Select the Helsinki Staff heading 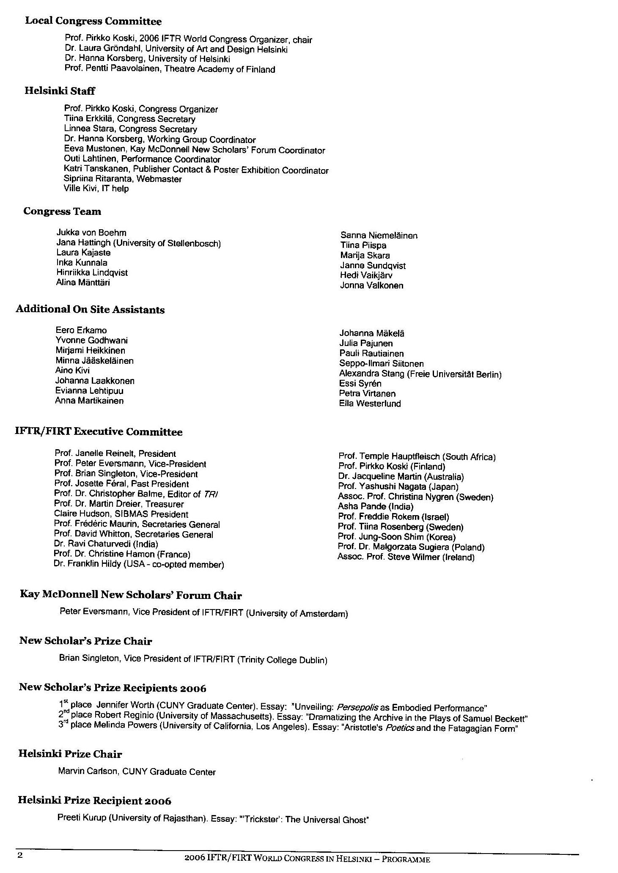click(60, 91)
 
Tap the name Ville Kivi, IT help click(96, 189)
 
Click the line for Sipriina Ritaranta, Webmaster click(123, 179)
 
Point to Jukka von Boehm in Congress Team click(91, 233)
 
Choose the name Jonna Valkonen click(371, 286)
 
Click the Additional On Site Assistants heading click(90, 310)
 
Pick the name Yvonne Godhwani click(91, 340)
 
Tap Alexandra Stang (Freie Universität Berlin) click(420, 374)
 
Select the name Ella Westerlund click(370, 404)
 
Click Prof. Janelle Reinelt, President click(115, 454)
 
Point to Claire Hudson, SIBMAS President click(121, 514)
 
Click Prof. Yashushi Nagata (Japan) click(398, 486)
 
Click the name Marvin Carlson click(88, 771)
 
